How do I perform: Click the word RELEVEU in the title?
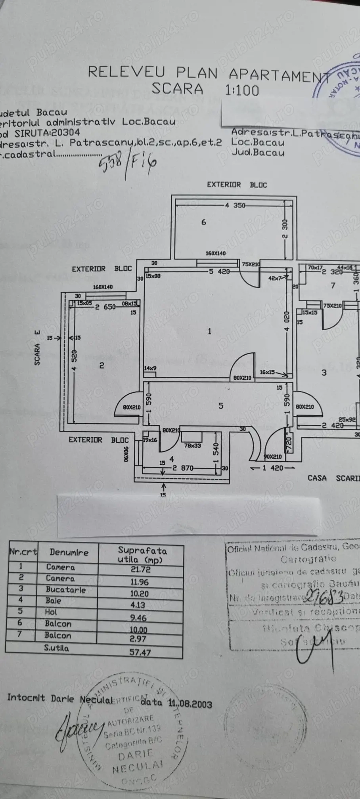tap(126, 72)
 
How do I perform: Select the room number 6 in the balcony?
tap(204, 222)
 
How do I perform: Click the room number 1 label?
tap(210, 331)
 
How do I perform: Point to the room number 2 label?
tap(101, 365)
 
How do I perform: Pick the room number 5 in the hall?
tap(221, 406)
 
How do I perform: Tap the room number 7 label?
tap(333, 285)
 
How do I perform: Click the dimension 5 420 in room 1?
tap(219, 271)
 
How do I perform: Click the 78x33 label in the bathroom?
tap(193, 446)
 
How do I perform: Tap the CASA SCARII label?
tap(333, 478)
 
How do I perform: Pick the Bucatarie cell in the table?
tap(66, 589)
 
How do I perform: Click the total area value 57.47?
tap(140, 652)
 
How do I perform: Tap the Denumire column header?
tap(69, 552)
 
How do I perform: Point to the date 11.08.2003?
tap(190, 704)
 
